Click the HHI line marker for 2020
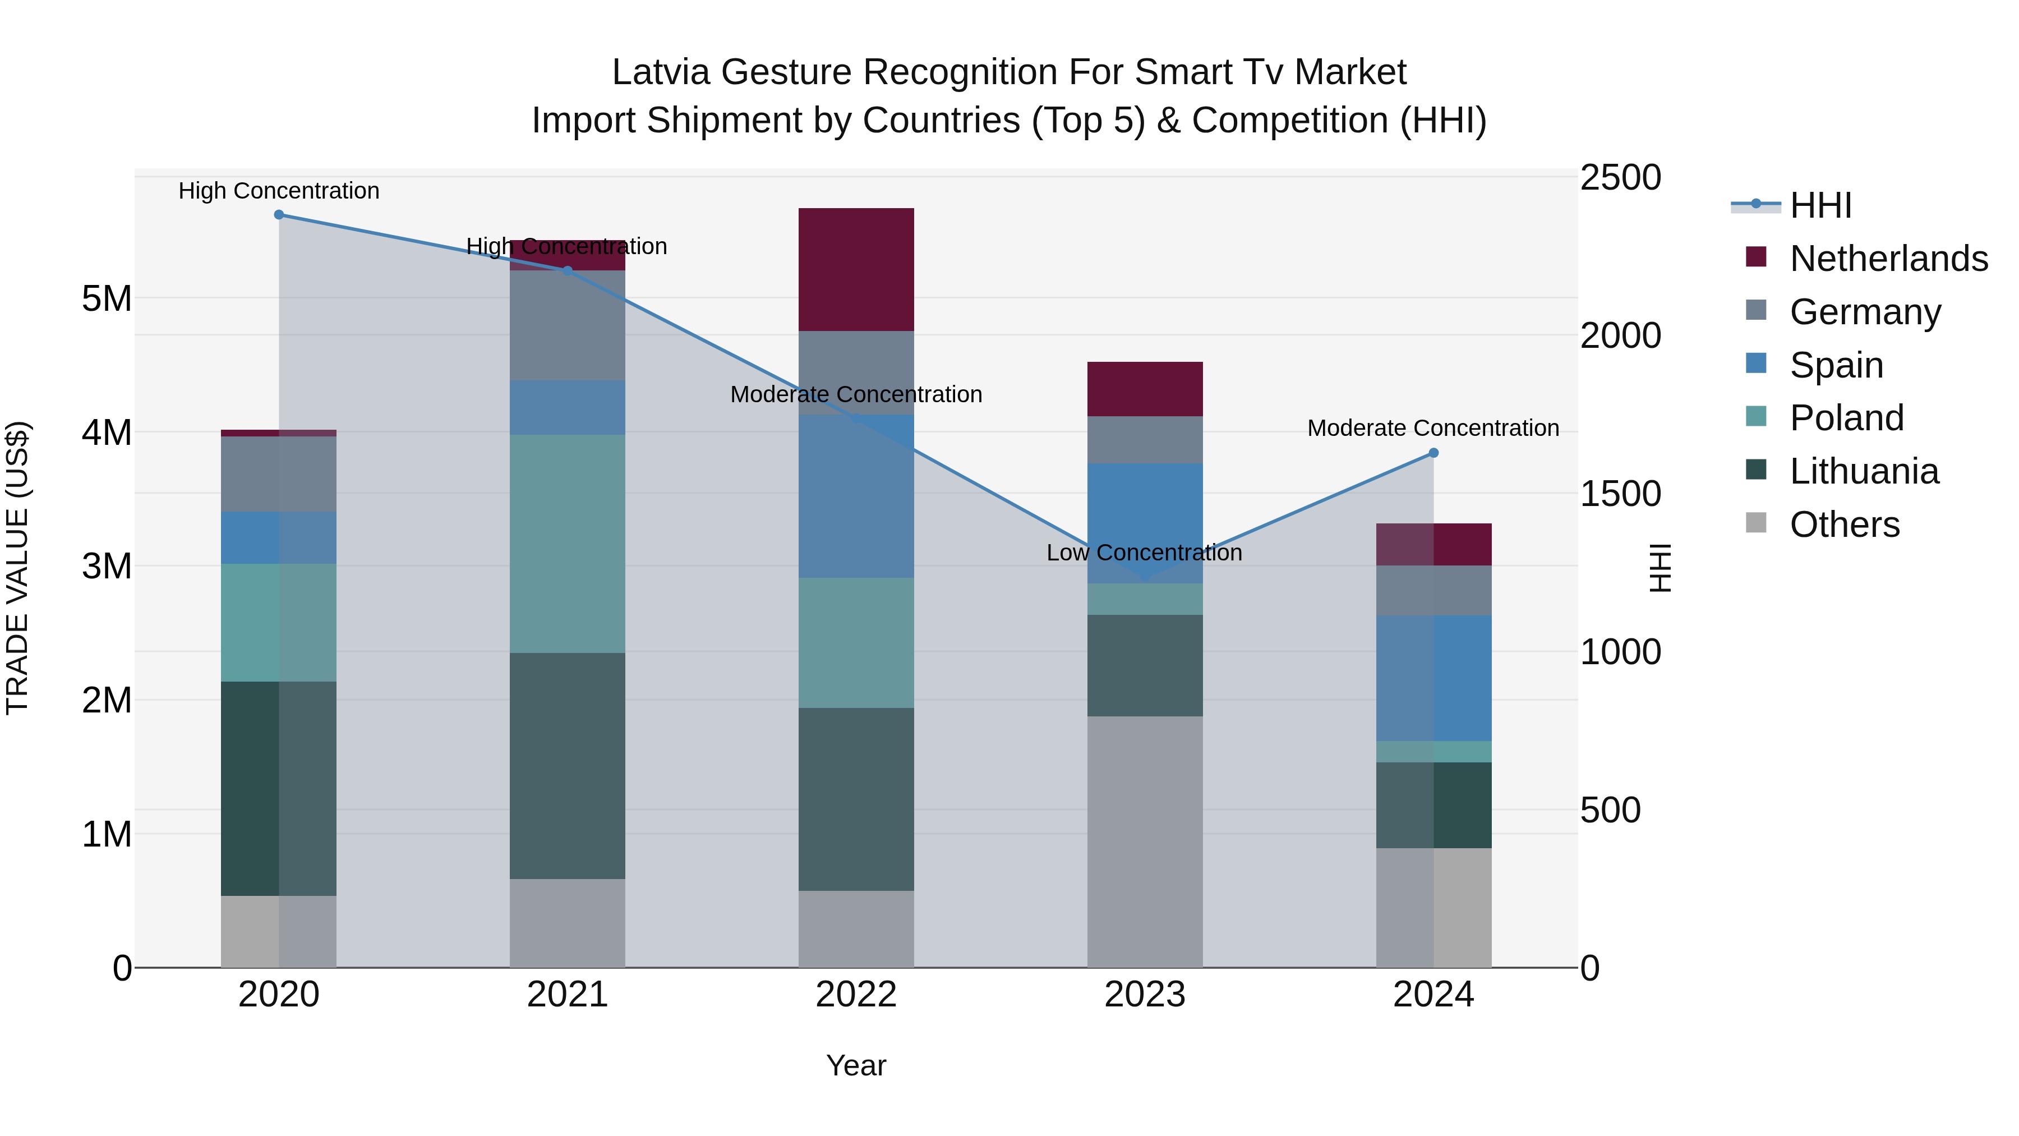point(279,215)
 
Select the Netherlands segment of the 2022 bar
point(856,270)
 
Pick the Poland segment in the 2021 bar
point(568,543)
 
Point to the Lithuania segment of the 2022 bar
point(856,799)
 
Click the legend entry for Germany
point(1865,312)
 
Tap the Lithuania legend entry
point(1864,471)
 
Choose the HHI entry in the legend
point(1820,205)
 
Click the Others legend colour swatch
point(1757,523)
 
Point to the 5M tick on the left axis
point(107,298)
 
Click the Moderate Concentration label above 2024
point(1433,428)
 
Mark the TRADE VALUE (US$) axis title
point(17,568)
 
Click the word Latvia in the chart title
point(662,72)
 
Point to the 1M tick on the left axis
point(107,834)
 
